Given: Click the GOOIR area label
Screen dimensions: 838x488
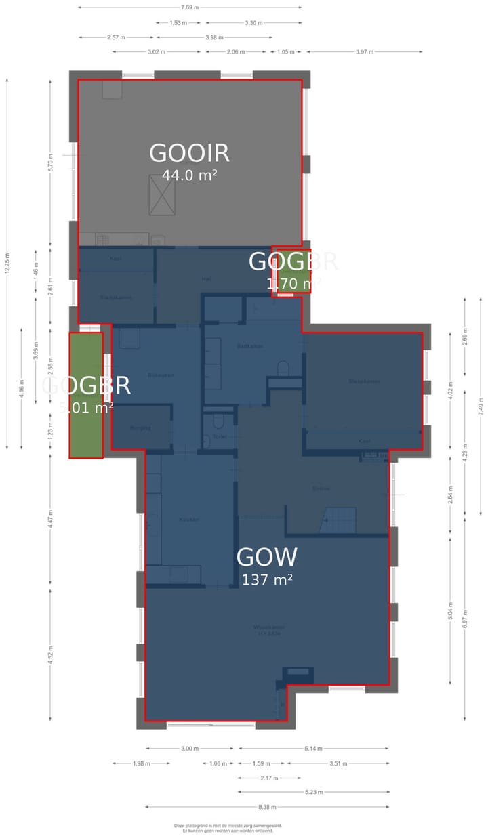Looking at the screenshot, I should pos(189,153).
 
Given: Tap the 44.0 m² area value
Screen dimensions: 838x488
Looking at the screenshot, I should pos(189,175).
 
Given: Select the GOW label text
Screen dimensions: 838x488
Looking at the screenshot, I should pos(266,558).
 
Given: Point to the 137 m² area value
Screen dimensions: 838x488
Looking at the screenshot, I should pos(266,580).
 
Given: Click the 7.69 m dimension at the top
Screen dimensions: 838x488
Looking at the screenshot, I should pos(190,7).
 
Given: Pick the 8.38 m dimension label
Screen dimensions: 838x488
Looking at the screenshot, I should pos(267,807).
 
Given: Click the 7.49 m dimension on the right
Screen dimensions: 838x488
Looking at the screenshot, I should pos(481,404).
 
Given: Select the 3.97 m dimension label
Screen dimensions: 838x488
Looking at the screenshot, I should pos(364,51).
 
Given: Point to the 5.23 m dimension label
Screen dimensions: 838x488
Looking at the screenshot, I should pos(313,792).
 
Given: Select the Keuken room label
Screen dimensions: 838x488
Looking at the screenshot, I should pos(188,520).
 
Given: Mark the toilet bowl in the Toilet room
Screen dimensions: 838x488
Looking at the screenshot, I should pos(218,422).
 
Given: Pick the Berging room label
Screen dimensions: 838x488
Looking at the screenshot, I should pos(140,428).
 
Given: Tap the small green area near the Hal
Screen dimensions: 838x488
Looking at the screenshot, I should pos(293,271).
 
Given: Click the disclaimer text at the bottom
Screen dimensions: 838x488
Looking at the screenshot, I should pos(228,828).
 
